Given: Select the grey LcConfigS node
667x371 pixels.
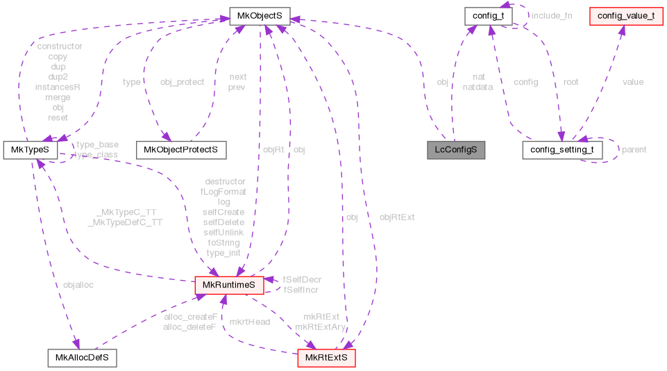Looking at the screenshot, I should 455,149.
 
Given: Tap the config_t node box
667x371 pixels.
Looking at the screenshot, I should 489,14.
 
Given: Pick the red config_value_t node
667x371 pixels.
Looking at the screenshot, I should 623,14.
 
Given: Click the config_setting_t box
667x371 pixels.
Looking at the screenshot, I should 561,149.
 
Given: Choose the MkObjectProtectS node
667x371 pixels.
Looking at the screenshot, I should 180,149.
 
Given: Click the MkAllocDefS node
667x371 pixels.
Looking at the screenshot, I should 82,358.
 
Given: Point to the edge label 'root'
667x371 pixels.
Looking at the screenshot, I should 571,82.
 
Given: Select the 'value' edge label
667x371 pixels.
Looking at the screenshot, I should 632,82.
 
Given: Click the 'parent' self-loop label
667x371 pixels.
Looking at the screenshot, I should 634,149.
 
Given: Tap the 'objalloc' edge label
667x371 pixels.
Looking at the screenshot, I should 78,285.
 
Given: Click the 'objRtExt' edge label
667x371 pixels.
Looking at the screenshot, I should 396,217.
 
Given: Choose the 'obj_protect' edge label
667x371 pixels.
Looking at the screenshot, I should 182,82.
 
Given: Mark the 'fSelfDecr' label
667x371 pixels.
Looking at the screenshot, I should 302,279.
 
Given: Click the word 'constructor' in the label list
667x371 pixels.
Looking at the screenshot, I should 59,47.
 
